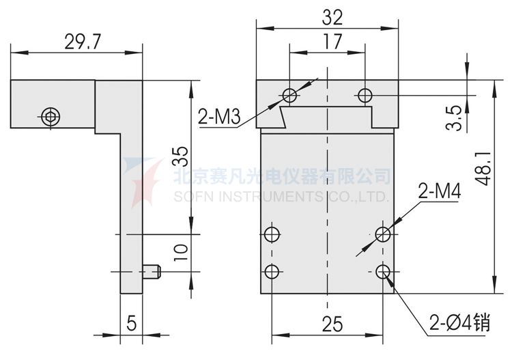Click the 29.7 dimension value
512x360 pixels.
click(x=82, y=42)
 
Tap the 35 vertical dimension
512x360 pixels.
click(x=179, y=156)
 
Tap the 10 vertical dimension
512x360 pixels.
click(x=180, y=251)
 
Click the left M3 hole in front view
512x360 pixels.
click(x=290, y=94)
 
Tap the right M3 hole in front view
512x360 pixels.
click(x=365, y=94)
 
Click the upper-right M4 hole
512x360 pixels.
click(x=383, y=235)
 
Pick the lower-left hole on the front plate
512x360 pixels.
click(x=272, y=272)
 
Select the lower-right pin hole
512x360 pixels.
click(x=383, y=272)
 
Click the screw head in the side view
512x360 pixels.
click(x=49, y=116)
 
